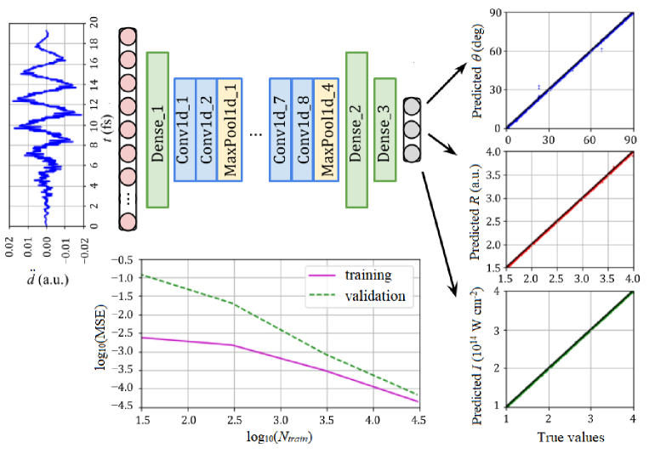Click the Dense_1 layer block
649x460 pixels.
coord(158,128)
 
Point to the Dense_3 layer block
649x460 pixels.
coord(384,129)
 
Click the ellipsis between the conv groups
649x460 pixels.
coord(256,133)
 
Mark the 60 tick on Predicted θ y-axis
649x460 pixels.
coord(493,51)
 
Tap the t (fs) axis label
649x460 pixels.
coord(112,128)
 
